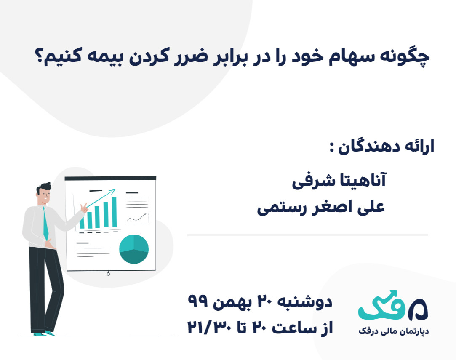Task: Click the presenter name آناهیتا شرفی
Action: click(x=339, y=181)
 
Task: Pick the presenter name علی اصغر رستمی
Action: click(x=321, y=208)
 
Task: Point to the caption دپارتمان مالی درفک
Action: click(x=393, y=331)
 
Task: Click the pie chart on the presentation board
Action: click(x=134, y=249)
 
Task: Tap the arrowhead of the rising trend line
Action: click(x=113, y=192)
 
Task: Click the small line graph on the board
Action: click(x=138, y=219)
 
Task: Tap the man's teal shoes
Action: click(x=44, y=333)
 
